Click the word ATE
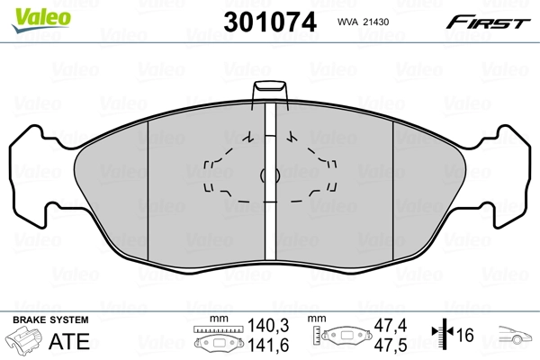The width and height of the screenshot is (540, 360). (71, 342)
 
